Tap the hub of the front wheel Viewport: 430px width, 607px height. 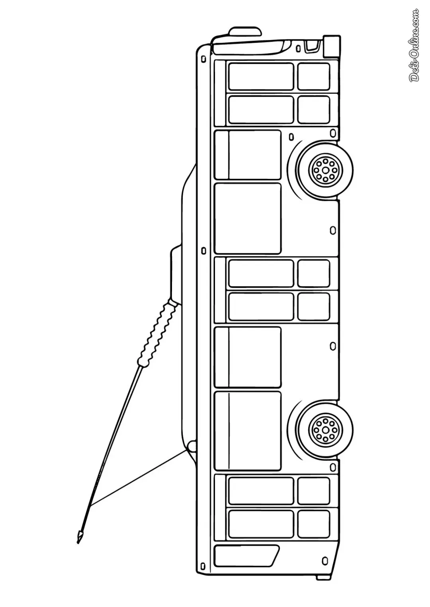point(325,170)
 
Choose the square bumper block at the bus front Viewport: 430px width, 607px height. point(331,46)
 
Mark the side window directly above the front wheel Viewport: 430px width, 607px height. point(248,155)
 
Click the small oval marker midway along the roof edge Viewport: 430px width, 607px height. point(203,251)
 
